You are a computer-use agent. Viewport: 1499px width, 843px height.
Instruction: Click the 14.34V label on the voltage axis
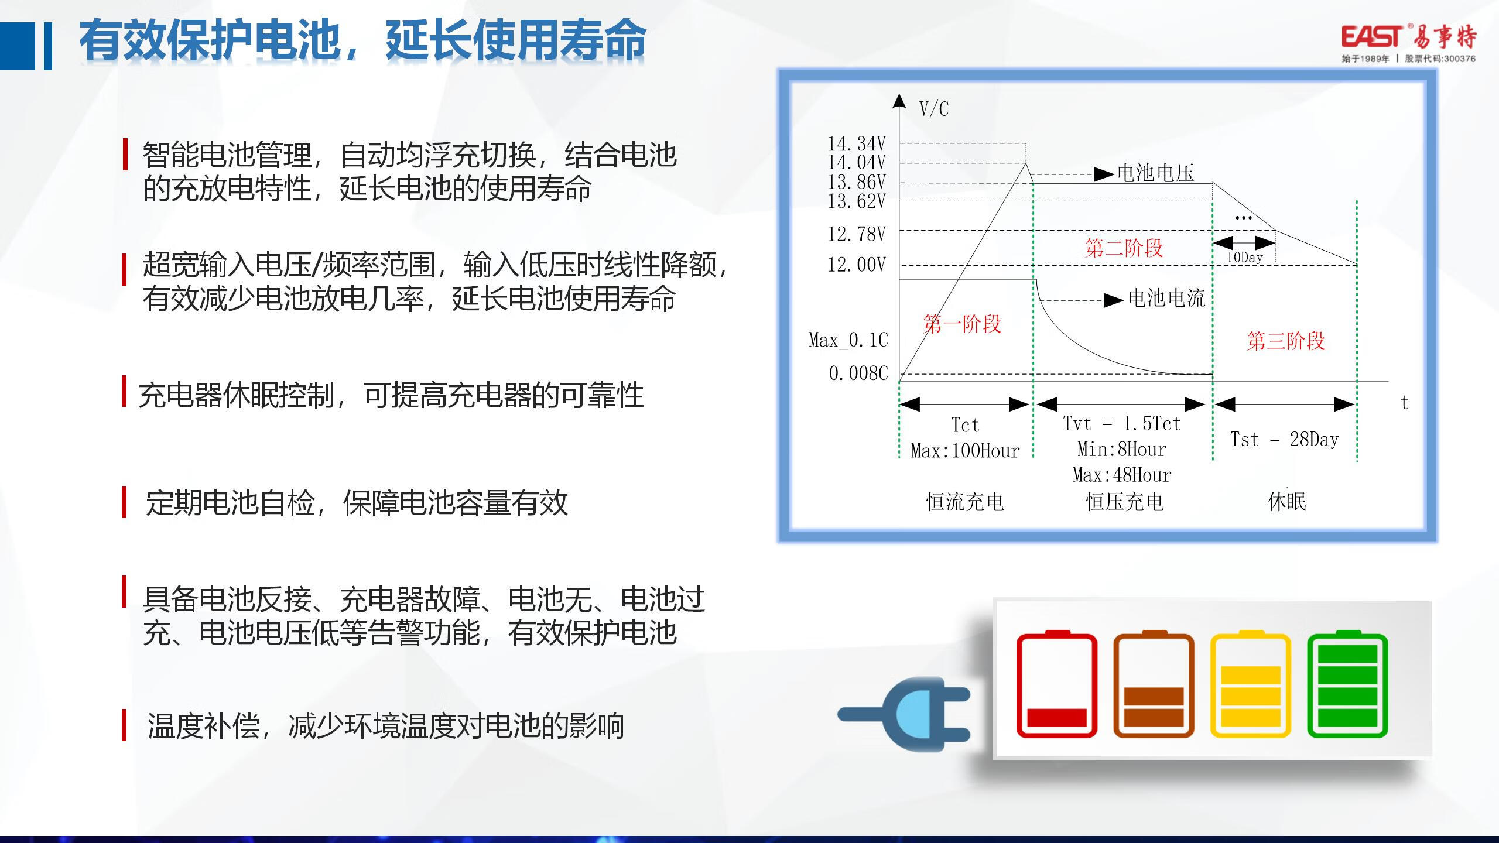click(857, 143)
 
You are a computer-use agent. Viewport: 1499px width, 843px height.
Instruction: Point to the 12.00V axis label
click(857, 265)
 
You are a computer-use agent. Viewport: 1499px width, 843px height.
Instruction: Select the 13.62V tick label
click(857, 201)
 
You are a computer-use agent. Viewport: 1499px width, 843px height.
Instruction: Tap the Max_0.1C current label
click(848, 340)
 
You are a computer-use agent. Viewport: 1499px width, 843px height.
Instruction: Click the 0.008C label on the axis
click(858, 373)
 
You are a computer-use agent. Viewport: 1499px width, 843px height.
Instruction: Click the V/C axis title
click(934, 109)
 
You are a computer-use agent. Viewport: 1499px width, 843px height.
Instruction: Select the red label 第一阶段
click(963, 324)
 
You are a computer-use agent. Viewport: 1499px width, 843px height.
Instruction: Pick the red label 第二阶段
click(1124, 248)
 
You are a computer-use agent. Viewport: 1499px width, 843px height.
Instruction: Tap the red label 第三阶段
click(1286, 341)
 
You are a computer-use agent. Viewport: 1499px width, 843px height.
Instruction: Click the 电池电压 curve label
click(1155, 173)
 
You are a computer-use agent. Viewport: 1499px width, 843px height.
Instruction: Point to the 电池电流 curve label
click(1166, 299)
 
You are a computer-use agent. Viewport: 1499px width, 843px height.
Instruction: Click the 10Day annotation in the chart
click(1244, 258)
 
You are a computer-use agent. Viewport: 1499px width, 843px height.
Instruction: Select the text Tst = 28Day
click(1285, 439)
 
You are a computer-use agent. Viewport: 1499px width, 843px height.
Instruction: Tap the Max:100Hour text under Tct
click(965, 451)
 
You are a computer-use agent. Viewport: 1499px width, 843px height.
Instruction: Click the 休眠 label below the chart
click(1287, 502)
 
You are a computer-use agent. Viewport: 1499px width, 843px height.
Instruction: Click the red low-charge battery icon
click(1057, 684)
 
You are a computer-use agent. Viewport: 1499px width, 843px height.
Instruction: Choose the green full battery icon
click(1348, 684)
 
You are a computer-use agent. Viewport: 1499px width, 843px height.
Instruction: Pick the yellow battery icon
click(1251, 684)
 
